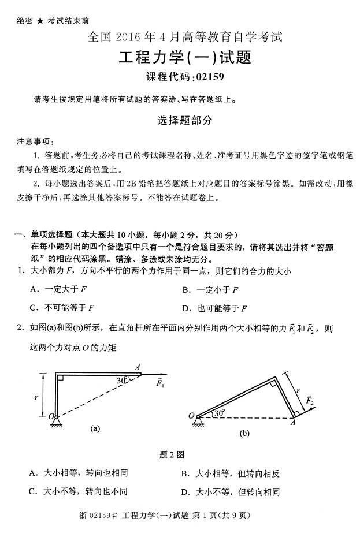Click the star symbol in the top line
[40, 21]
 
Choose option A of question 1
[58, 289]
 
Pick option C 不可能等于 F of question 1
[61, 308]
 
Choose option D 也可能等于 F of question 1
[213, 308]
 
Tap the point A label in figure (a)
[138, 366]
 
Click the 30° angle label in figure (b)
[218, 413]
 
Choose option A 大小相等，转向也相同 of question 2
[78, 473]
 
